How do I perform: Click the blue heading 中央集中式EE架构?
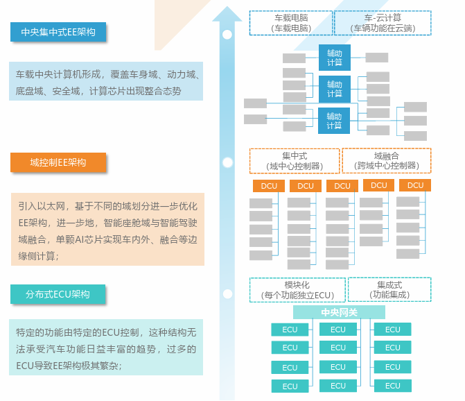(58, 32)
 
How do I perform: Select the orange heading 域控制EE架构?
(58, 162)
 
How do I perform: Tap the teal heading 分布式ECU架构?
(58, 294)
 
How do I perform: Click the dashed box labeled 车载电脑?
(291, 22)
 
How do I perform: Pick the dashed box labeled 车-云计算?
(383, 22)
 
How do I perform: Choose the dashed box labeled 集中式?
(295, 161)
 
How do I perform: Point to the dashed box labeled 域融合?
(386, 161)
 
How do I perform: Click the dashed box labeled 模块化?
(297, 289)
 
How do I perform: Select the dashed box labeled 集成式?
(389, 289)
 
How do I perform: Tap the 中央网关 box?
(339, 313)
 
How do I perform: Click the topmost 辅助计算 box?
(335, 58)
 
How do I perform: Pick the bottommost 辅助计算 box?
(334, 121)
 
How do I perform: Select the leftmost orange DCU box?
(270, 186)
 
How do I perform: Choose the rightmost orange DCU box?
(416, 185)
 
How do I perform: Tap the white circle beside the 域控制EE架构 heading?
(227, 162)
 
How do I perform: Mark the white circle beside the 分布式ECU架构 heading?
(227, 294)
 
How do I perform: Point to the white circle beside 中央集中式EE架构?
(227, 33)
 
